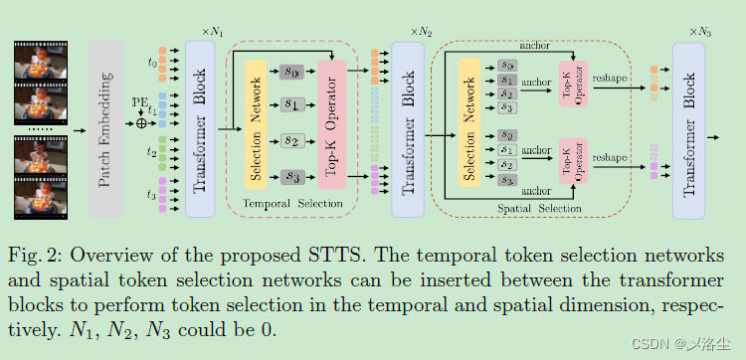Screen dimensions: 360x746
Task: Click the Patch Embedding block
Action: pos(105,129)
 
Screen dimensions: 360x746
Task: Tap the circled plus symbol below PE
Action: pos(141,123)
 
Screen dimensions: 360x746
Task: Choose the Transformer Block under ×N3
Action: pos(695,129)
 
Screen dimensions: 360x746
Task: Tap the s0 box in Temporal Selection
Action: pos(291,72)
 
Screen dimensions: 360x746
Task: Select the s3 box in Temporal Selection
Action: pos(291,177)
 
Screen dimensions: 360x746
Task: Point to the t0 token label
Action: pos(151,62)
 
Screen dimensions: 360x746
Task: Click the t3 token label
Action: pos(151,193)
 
